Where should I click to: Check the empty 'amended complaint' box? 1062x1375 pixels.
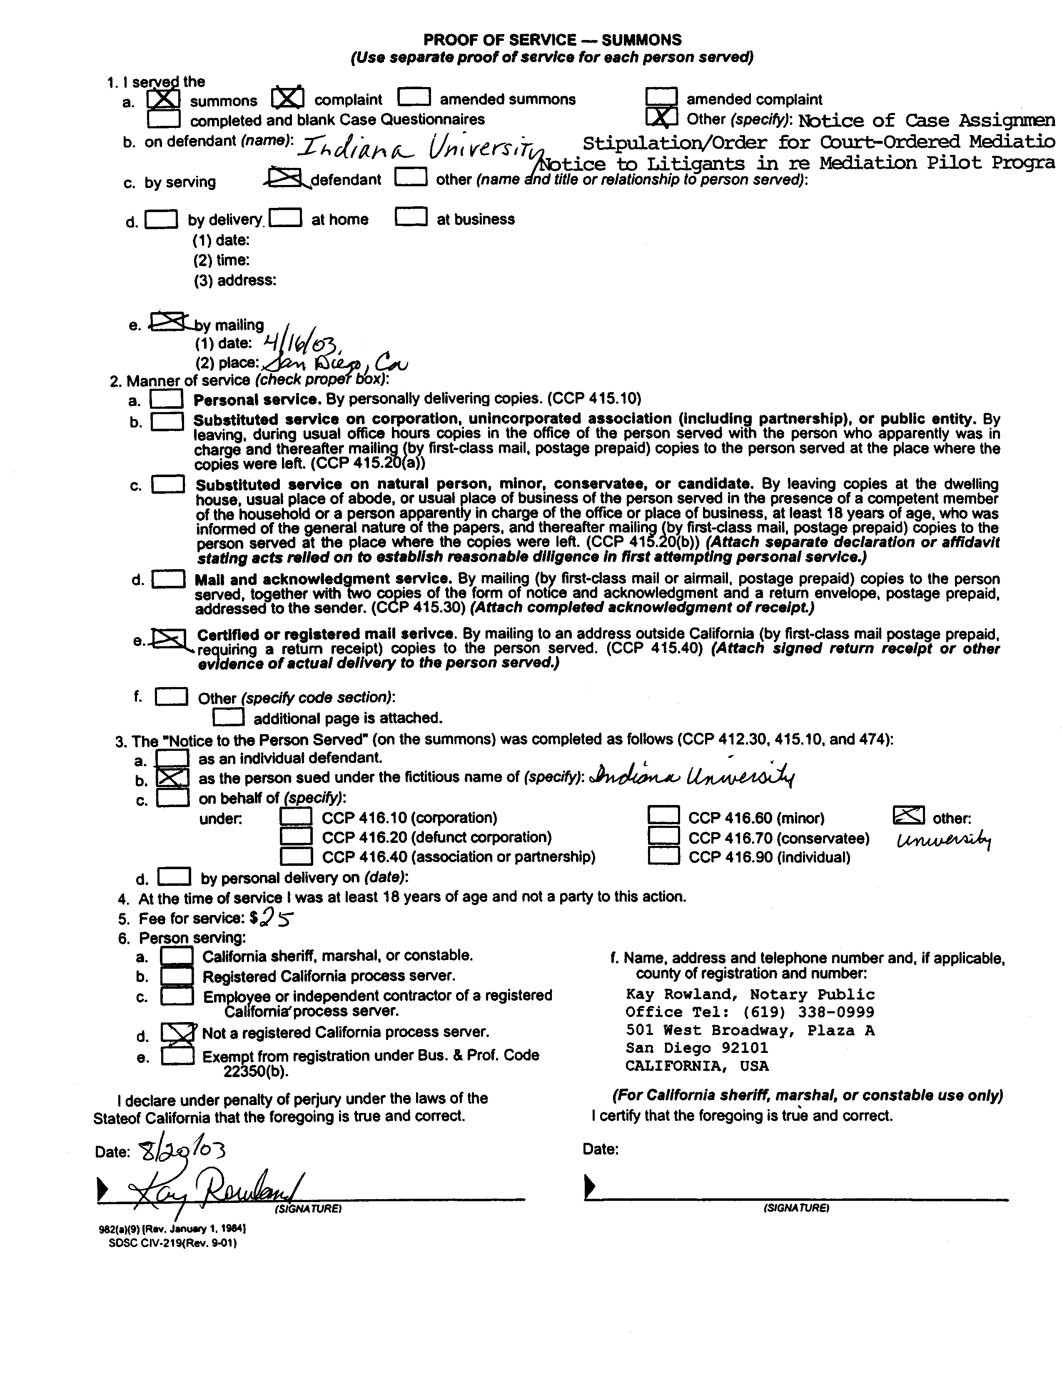pyautogui.click(x=661, y=97)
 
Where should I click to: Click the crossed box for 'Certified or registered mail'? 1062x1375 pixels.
pyautogui.click(x=169, y=639)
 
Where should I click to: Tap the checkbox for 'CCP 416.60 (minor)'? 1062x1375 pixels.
pyautogui.click(x=663, y=817)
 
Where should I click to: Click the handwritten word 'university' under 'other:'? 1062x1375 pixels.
pyautogui.click(x=944, y=840)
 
